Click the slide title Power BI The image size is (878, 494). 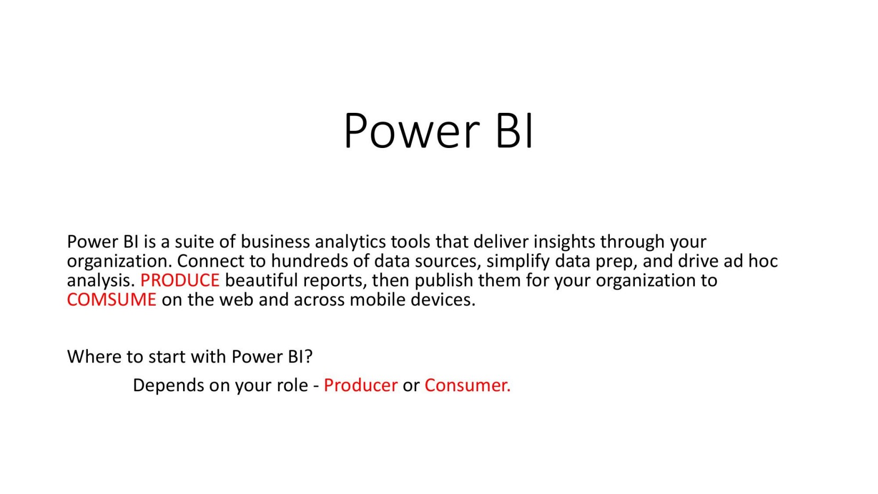(438, 130)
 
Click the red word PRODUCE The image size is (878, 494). (179, 280)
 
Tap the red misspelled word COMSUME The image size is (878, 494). (111, 300)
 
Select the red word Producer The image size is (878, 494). (360, 385)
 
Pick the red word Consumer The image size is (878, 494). (467, 385)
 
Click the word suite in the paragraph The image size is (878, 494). (194, 242)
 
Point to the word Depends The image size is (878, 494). (168, 385)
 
